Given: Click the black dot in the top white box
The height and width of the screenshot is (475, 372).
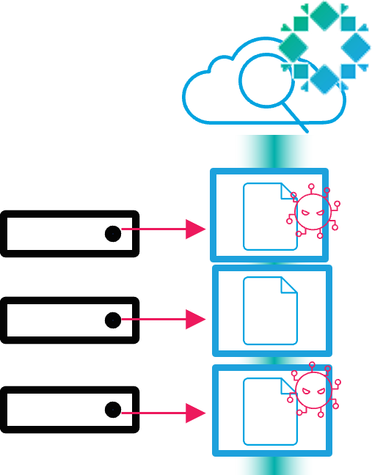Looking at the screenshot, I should (x=113, y=234).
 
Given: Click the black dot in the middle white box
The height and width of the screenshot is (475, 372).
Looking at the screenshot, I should (x=113, y=320).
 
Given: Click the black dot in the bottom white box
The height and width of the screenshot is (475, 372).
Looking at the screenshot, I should (x=113, y=410).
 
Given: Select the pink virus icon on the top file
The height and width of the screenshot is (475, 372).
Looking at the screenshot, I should (x=314, y=211).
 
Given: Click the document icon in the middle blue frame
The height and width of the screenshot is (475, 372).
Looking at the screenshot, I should (x=270, y=311).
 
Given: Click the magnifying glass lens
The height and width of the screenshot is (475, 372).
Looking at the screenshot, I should (x=265, y=81).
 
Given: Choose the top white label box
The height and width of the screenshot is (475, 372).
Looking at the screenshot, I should (x=69, y=234).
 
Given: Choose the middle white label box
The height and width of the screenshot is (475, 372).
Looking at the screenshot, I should (x=69, y=320).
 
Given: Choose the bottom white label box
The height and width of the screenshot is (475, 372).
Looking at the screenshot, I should (x=69, y=410).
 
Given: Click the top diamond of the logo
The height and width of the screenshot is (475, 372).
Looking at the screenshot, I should (x=324, y=15).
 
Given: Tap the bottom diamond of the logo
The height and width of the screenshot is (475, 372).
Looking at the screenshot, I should (x=324, y=78).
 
